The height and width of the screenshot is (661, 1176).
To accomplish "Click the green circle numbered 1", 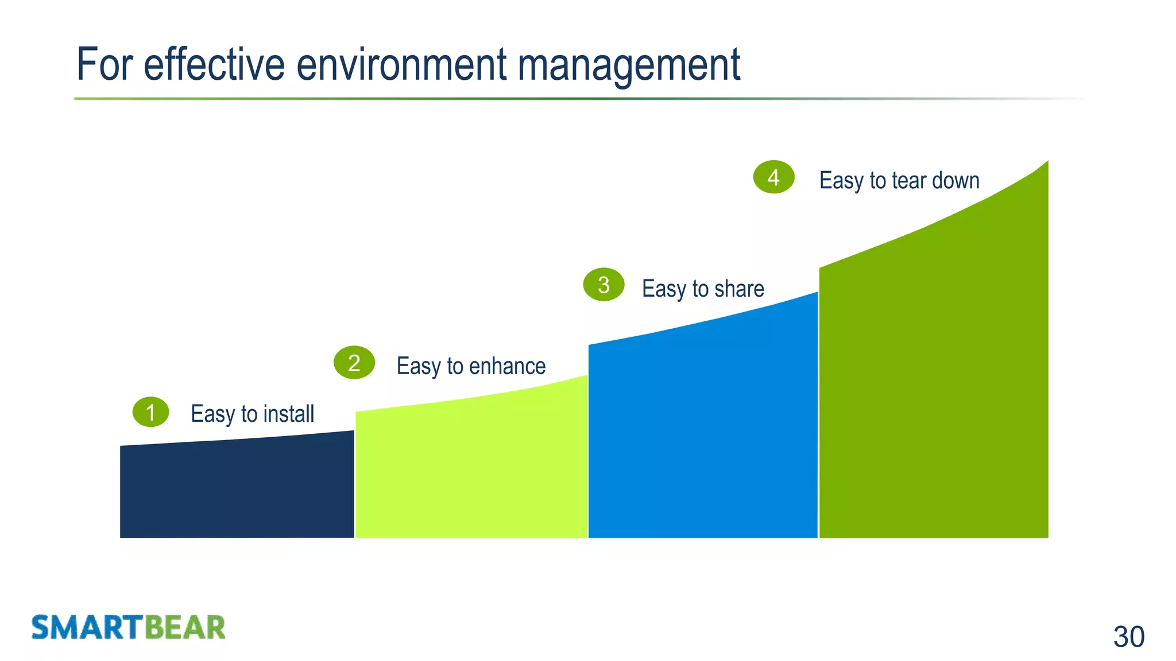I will click(150, 412).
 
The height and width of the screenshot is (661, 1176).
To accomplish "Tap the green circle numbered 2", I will click(354, 363).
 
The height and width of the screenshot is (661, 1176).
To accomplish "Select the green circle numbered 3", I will click(604, 285).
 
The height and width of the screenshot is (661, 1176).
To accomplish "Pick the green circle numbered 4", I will click(773, 177).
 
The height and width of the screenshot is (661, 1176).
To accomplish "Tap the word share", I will click(739, 289).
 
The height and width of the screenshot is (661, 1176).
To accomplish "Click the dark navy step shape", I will click(237, 491).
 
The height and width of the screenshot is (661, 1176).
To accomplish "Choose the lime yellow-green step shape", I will click(471, 471).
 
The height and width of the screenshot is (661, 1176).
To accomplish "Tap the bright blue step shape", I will click(703, 436).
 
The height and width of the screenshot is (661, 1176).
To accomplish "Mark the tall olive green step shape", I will click(934, 390).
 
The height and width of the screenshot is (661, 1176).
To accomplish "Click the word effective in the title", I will click(214, 64).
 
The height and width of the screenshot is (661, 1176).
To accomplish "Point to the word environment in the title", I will click(401, 64).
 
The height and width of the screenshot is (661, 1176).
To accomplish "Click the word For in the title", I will click(105, 64).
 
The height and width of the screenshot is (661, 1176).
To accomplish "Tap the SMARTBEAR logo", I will click(129, 627).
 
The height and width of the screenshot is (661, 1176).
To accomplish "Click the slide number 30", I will click(1128, 637).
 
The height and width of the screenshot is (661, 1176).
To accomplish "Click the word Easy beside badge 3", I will click(664, 289).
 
